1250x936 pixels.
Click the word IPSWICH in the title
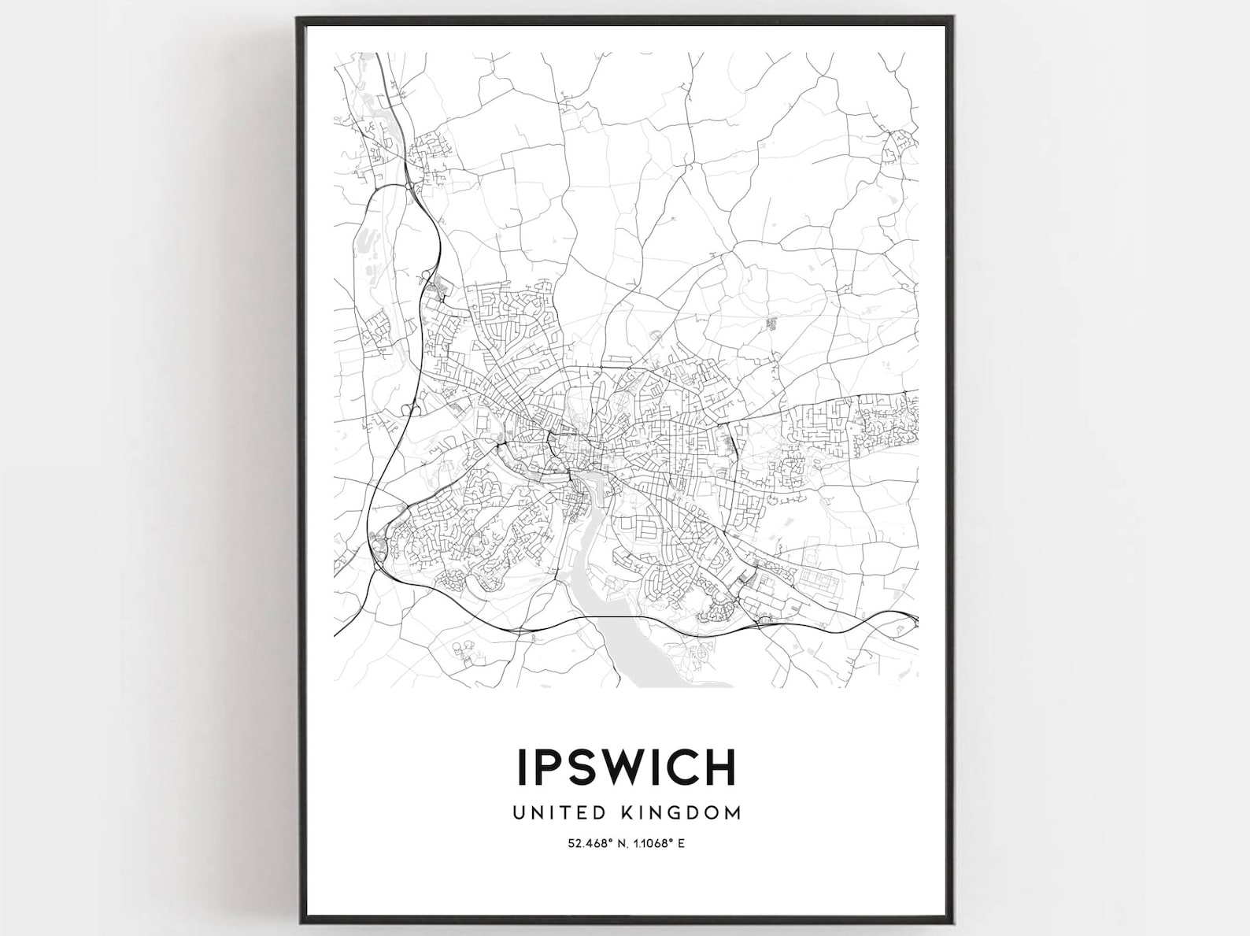click(x=626, y=766)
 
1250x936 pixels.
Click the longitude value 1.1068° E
click(x=659, y=844)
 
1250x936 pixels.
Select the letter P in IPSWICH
click(x=552, y=766)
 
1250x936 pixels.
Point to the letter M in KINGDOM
click(x=732, y=812)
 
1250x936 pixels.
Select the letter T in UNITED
click(x=564, y=812)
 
